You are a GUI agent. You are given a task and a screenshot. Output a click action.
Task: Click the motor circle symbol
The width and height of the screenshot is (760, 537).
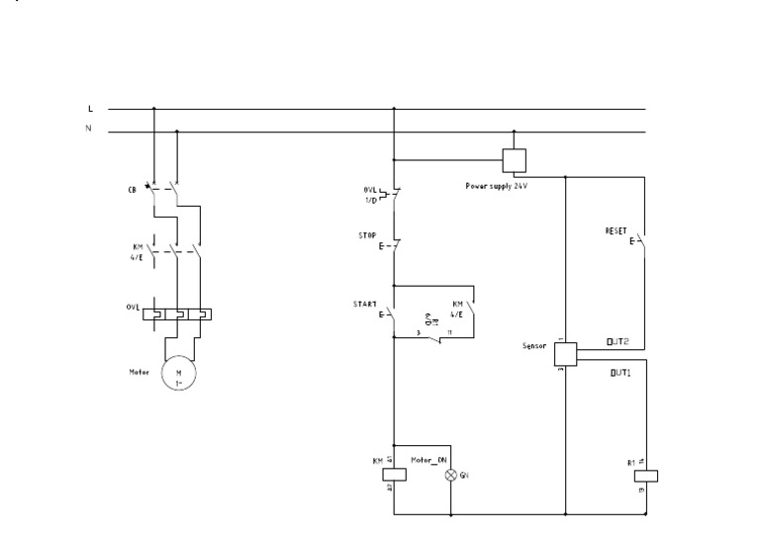point(179,374)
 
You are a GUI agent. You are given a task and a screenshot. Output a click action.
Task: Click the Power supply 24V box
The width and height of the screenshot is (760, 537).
point(514,160)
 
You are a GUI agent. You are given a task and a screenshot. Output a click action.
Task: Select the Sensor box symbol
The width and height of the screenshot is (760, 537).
point(564,353)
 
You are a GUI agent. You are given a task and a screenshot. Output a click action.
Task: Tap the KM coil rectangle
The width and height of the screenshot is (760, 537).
point(394,472)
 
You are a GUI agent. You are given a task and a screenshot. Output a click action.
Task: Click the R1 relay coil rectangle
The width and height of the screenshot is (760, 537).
point(645,475)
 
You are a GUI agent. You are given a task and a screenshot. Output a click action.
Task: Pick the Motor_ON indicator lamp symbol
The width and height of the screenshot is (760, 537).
point(451,475)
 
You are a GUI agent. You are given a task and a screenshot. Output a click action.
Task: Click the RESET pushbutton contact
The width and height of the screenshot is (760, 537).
point(640,239)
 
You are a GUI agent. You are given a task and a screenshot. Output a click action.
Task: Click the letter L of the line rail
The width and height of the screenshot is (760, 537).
point(91,109)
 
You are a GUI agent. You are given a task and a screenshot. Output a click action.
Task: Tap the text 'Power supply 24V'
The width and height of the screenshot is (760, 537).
point(496,185)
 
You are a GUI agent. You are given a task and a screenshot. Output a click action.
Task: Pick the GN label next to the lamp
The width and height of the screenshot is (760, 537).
point(465,476)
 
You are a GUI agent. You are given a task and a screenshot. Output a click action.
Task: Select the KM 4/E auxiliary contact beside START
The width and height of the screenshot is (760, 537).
point(472,314)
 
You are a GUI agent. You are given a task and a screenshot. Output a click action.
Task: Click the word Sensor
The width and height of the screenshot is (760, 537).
point(534,347)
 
